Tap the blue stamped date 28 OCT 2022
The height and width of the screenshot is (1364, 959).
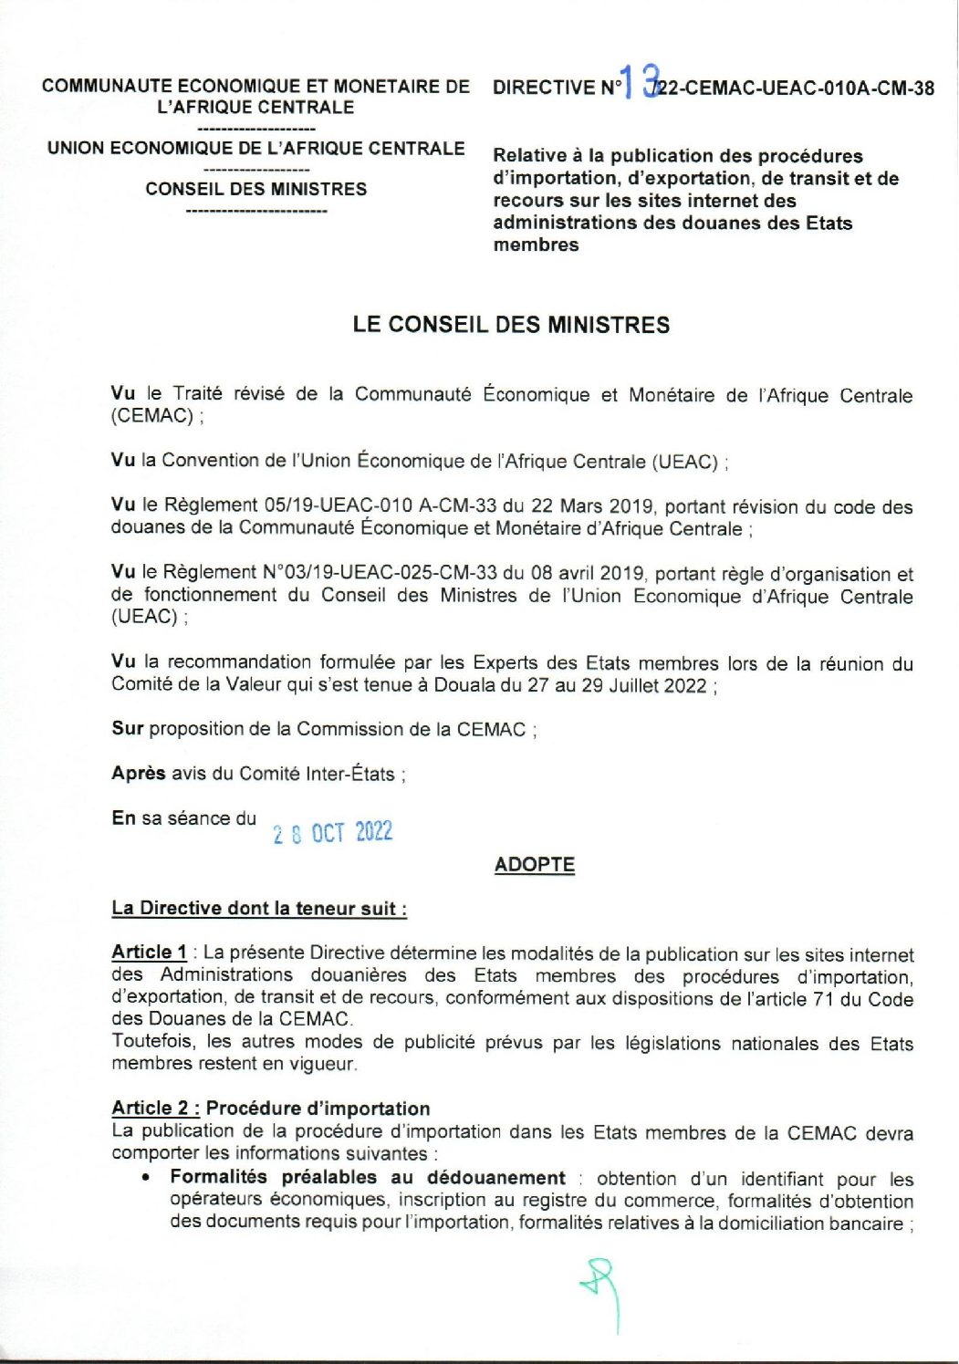tap(332, 832)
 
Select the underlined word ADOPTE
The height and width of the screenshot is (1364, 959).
tap(534, 864)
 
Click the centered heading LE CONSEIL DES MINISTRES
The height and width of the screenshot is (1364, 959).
tap(511, 325)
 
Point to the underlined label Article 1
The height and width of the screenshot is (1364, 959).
tap(149, 952)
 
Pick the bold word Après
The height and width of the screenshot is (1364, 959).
tap(139, 773)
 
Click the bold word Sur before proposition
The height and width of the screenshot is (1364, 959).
tap(128, 728)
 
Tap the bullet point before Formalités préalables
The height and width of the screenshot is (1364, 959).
tap(146, 1178)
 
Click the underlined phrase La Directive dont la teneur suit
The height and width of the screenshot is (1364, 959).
tap(258, 908)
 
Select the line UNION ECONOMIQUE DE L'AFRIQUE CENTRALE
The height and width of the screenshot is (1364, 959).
tap(256, 148)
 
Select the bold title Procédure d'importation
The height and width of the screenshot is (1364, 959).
tap(318, 1108)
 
